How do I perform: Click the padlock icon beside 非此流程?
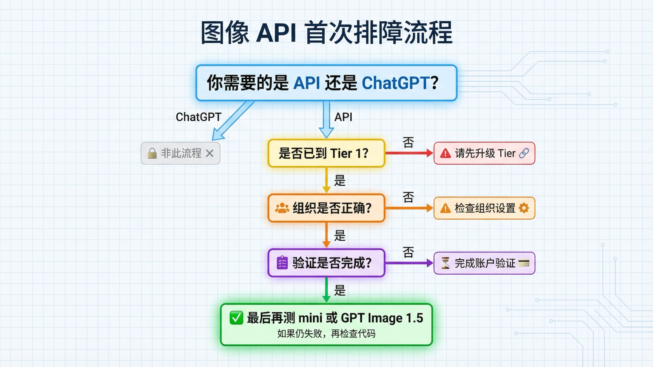(152, 153)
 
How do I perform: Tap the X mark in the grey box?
(210, 153)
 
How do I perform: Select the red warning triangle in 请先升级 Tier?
(445, 153)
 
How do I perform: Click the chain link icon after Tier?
(524, 153)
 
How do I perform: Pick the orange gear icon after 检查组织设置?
(524, 208)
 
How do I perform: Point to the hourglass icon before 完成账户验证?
(445, 263)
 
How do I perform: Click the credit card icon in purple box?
(524, 263)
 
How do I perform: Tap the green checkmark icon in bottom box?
(236, 318)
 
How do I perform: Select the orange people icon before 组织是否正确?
(282, 208)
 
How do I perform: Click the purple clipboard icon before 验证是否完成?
(282, 263)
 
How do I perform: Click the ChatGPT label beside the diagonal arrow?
(199, 117)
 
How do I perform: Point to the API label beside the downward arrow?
(343, 117)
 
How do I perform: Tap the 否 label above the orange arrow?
(408, 197)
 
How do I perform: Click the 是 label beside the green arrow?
(340, 290)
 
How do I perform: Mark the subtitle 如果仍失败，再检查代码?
(326, 334)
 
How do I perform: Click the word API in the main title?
(276, 33)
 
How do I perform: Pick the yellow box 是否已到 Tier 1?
(326, 153)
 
